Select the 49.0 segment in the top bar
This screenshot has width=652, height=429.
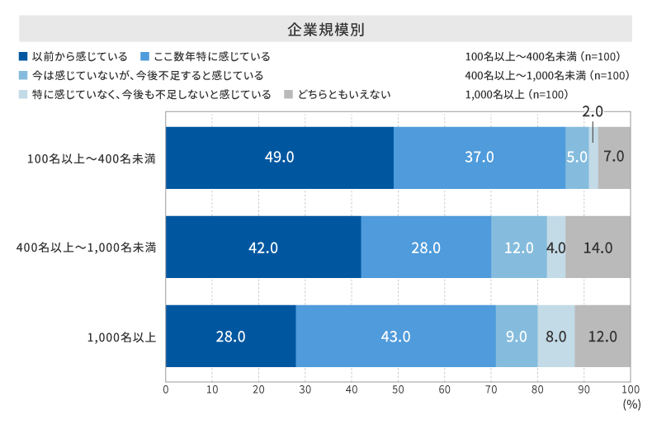(279, 158)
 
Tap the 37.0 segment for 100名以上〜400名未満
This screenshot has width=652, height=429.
(480, 158)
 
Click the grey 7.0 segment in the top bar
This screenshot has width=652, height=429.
(615, 158)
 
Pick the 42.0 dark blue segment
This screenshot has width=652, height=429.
(263, 247)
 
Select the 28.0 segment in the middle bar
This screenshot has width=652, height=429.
(426, 247)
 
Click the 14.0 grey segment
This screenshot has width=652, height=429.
(598, 247)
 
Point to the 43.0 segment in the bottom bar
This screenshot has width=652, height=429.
(395, 336)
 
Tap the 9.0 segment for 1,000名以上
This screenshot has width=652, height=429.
(517, 336)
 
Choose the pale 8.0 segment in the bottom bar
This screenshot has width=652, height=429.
(556, 336)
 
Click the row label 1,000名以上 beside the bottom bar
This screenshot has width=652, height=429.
(122, 336)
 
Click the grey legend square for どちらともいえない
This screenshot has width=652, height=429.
(288, 94)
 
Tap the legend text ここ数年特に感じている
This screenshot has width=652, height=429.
(212, 57)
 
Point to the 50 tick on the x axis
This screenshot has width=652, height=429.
(398, 389)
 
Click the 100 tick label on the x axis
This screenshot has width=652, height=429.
(631, 389)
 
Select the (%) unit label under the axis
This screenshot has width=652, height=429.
(631, 405)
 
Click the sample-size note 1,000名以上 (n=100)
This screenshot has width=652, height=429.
(516, 94)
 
